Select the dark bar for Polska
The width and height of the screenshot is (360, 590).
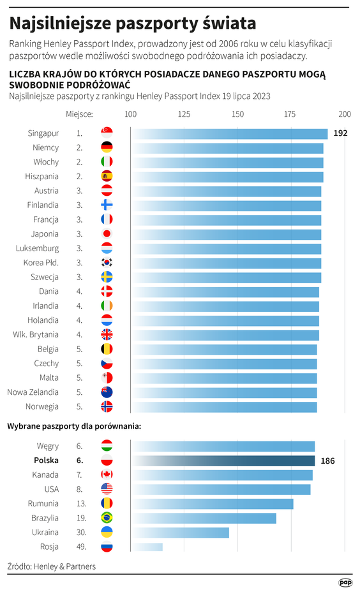tap(223, 461)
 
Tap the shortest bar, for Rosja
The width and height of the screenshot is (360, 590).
tap(147, 547)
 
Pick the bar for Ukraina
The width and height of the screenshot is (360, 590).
tap(179, 532)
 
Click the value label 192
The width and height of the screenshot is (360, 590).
tap(340, 133)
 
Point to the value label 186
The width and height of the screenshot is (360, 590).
tap(327, 461)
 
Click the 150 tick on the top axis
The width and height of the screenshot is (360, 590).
tap(237, 114)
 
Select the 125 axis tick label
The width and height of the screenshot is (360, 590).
tap(184, 114)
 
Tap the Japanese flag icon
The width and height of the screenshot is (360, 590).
tap(107, 234)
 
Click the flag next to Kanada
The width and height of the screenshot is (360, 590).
tap(107, 475)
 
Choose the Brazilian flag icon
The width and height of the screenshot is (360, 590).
tap(107, 518)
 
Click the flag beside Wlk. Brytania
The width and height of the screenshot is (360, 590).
tap(107, 334)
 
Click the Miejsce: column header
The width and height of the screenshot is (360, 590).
tap(80, 114)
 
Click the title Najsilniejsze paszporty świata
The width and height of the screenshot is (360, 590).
tap(133, 24)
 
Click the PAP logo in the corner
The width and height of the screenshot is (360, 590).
tap(345, 582)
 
